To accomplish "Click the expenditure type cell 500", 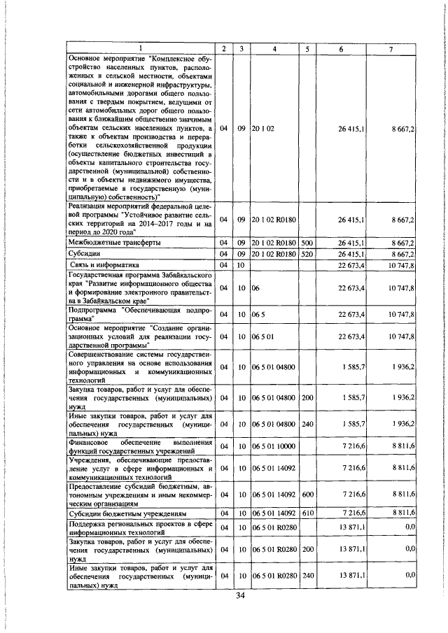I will [x=306, y=242].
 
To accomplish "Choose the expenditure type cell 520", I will [x=306, y=254].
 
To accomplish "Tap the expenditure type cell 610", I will [x=306, y=513].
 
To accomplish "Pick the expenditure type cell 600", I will [x=306, y=494].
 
